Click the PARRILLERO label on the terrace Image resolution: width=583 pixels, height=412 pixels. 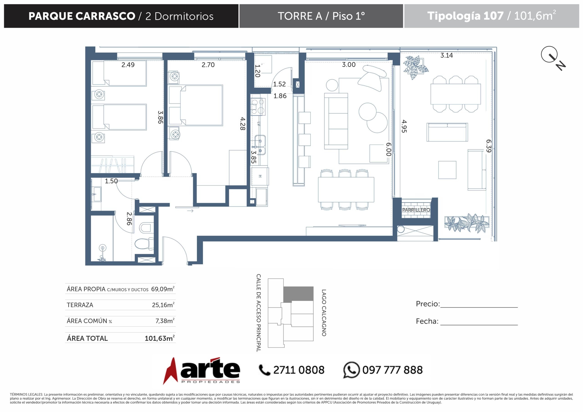tap(416, 210)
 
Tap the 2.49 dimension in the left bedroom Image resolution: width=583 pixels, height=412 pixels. tap(128, 65)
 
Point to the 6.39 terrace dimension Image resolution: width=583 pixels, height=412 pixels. tap(489, 146)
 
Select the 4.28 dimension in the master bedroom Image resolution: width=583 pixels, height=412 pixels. tap(243, 124)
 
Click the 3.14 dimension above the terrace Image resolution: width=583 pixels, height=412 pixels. tap(447, 55)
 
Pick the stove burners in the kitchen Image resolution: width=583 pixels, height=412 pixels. tap(258, 107)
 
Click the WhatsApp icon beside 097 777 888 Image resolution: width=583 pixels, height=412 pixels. tap(351, 370)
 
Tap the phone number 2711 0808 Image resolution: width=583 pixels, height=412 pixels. tap(299, 370)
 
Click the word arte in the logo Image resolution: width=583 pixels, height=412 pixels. tap(210, 368)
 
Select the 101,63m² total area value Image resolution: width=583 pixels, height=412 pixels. tap(160, 338)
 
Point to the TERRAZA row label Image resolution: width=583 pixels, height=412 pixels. tap(80, 305)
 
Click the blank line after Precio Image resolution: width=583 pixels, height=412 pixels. tap(479, 307)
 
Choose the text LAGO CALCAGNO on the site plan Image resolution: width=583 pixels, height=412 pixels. tap(324, 313)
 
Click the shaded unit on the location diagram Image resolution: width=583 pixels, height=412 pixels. tap(298, 294)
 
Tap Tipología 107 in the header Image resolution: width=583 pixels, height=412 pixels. tap(465, 16)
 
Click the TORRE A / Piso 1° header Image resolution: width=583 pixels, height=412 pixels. tap(321, 16)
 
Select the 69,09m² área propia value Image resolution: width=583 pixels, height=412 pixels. tap(163, 289)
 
